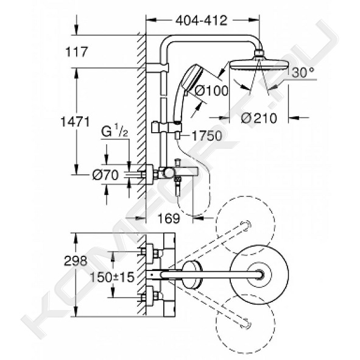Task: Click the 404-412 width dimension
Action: coord(202,21)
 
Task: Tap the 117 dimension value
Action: coord(77,52)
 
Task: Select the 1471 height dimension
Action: coord(75,122)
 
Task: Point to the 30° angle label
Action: coord(303,72)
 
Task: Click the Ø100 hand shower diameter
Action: coord(211,91)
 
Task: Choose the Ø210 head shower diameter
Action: coord(259,118)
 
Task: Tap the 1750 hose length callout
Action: coord(206,135)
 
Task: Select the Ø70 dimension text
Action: coord(105,175)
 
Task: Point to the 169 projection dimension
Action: coord(169,218)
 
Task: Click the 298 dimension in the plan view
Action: coord(76,261)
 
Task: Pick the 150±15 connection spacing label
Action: coord(112,277)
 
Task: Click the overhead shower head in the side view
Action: coord(259,63)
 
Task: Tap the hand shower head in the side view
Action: coord(192,76)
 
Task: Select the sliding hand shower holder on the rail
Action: coord(167,128)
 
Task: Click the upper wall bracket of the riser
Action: coord(157,68)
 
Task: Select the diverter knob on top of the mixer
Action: coord(177,162)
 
